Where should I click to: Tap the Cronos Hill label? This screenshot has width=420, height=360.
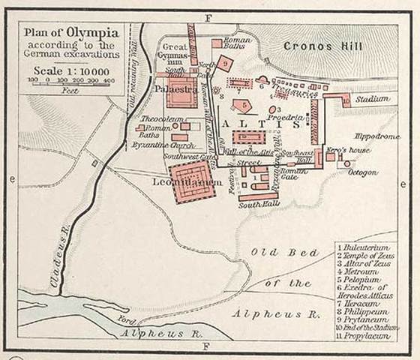323,46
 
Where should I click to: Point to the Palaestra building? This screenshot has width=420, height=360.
180,95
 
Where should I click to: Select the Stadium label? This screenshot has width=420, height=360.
373,98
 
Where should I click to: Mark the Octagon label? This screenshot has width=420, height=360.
363,172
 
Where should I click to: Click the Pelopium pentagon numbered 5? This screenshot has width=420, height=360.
241,105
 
